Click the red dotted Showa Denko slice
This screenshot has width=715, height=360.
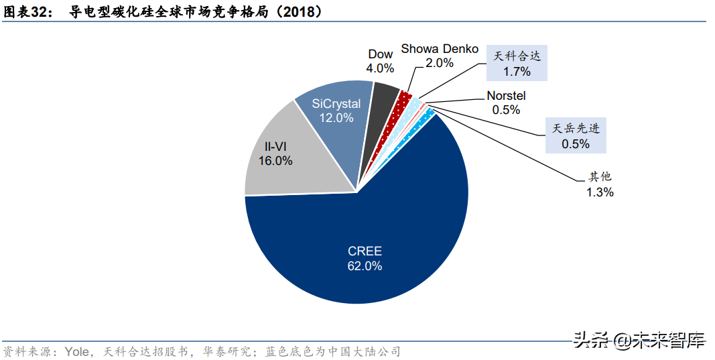click(403, 101)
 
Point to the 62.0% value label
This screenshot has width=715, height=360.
click(365, 266)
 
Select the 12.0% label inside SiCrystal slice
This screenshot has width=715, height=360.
click(336, 118)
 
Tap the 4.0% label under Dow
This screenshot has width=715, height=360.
click(380, 68)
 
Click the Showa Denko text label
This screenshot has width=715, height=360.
click(440, 49)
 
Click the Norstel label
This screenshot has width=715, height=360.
click(506, 97)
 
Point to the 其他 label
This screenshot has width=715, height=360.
click(600, 177)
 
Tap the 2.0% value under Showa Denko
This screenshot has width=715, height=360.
click(440, 63)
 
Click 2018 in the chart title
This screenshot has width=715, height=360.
click(302, 11)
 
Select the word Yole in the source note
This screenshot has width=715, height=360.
click(76, 351)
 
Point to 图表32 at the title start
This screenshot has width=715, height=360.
click(27, 11)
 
